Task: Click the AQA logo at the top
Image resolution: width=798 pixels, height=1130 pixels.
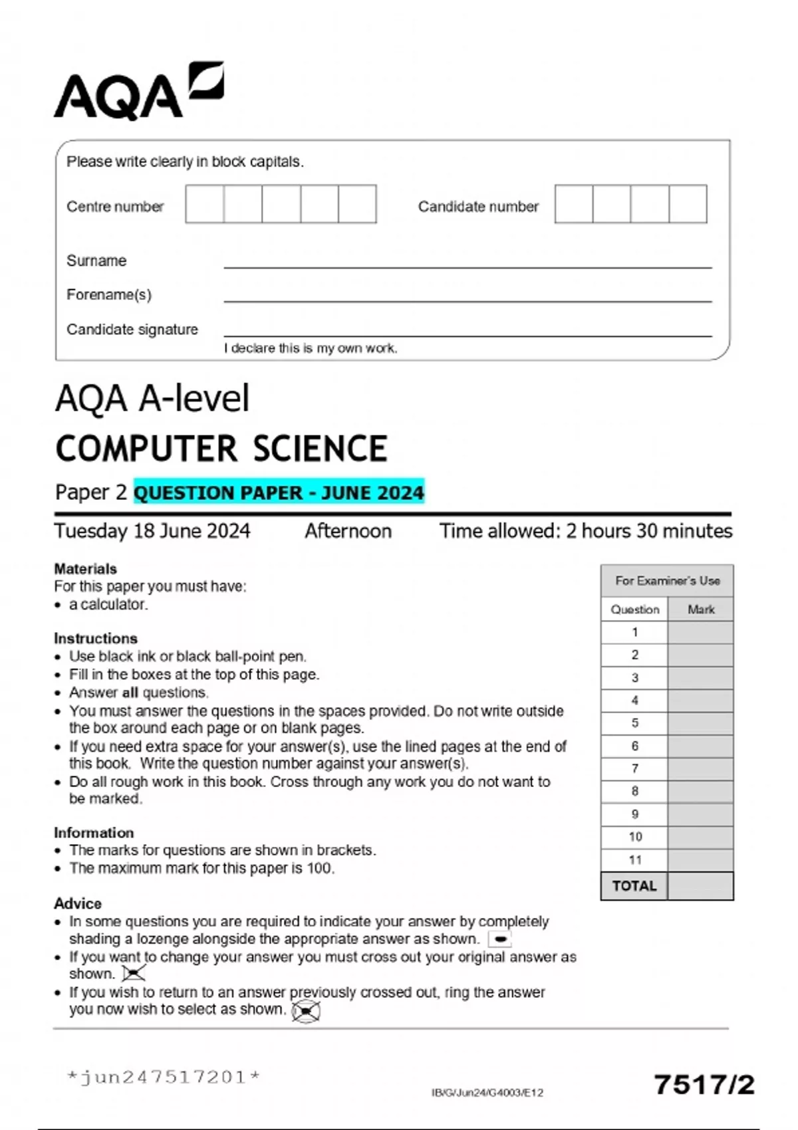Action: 138,92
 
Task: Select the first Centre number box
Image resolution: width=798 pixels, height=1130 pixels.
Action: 205,204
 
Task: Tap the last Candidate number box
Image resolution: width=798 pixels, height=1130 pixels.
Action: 688,204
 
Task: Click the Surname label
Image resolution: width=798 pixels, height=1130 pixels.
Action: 96,261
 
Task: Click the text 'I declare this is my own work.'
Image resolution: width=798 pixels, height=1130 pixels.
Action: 311,348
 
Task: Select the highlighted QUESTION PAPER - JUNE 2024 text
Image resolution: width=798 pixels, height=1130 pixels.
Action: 279,493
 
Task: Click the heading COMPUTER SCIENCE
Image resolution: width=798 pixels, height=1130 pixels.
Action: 221,449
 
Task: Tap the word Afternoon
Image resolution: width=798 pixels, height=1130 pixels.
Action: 348,531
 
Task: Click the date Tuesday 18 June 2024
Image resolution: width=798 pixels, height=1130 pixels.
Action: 152,531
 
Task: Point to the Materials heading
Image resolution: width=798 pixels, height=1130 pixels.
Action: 85,569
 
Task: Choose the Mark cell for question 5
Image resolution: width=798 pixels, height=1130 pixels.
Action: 700,723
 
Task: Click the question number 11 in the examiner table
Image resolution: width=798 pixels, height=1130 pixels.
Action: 634,860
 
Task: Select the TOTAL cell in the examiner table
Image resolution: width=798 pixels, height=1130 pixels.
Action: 634,886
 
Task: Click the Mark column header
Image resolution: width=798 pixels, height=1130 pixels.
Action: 701,610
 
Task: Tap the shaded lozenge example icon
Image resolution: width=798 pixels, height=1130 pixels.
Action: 499,939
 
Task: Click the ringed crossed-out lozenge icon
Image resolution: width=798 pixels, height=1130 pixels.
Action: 306,1011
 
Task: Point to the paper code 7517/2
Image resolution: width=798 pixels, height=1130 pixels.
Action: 704,1085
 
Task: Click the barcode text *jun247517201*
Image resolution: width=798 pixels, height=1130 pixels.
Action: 164,1077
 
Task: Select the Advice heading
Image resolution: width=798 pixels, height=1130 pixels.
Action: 78,904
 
